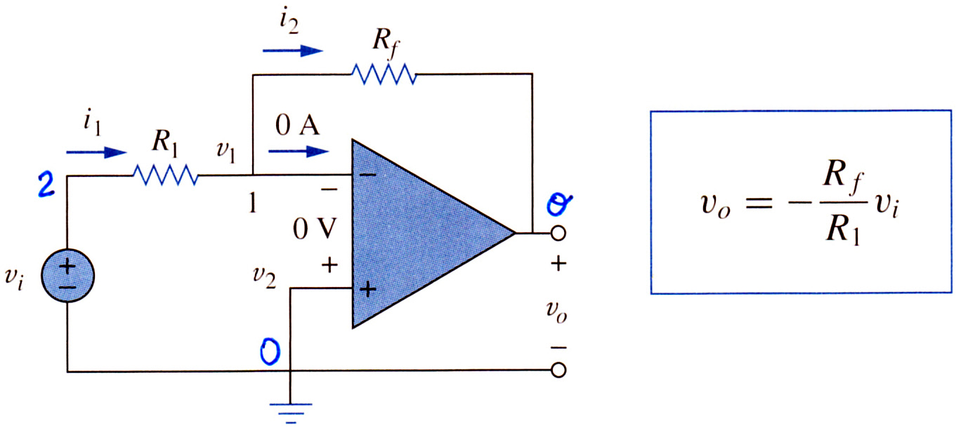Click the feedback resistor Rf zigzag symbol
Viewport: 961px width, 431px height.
pyautogui.click(x=384, y=74)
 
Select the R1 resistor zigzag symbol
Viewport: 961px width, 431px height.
pyautogui.click(x=165, y=175)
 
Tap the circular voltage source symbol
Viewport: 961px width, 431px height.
pyautogui.click(x=67, y=275)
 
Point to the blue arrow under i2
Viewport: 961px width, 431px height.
pyautogui.click(x=293, y=51)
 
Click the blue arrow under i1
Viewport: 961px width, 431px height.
pyautogui.click(x=96, y=152)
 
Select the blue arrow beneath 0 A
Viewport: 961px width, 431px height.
pyautogui.click(x=299, y=152)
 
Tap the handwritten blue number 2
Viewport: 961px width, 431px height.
pyautogui.click(x=46, y=185)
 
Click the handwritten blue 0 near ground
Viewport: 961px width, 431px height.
pyautogui.click(x=270, y=351)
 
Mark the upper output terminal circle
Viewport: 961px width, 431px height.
pyautogui.click(x=558, y=233)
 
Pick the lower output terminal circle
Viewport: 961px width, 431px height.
pyautogui.click(x=558, y=370)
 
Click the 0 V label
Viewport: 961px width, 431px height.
pyautogui.click(x=315, y=229)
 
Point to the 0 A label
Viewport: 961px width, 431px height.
pyautogui.click(x=297, y=126)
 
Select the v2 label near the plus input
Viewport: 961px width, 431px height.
pyautogui.click(x=264, y=277)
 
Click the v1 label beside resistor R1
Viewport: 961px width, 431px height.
pyautogui.click(x=226, y=152)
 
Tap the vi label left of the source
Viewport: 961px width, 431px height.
pyautogui.click(x=14, y=279)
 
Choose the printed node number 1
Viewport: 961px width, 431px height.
pyautogui.click(x=253, y=202)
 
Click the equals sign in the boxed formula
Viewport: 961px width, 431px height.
pyautogui.click(x=759, y=203)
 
